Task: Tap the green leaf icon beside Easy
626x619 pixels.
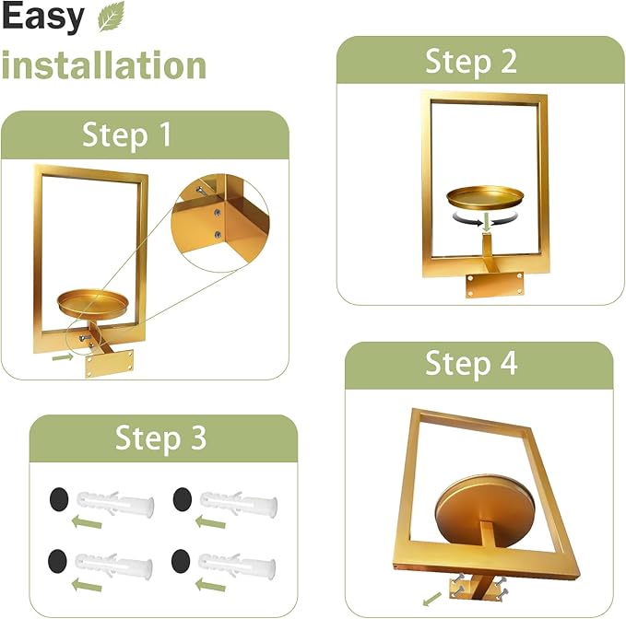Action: pyautogui.click(x=111, y=18)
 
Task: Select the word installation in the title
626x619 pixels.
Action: pyautogui.click(x=103, y=65)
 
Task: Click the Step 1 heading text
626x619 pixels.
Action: pyautogui.click(x=126, y=135)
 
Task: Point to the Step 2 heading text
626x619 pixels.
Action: pyautogui.click(x=470, y=62)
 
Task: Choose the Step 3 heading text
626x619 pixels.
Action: pyautogui.click(x=160, y=438)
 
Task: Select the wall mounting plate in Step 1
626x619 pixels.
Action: pyautogui.click(x=111, y=362)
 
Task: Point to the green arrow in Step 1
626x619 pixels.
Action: pyautogui.click(x=63, y=354)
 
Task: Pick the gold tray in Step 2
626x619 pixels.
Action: pyautogui.click(x=484, y=196)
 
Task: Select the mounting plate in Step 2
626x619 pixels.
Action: pyautogui.click(x=494, y=284)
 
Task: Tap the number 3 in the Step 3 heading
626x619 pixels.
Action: pyautogui.click(x=196, y=438)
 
